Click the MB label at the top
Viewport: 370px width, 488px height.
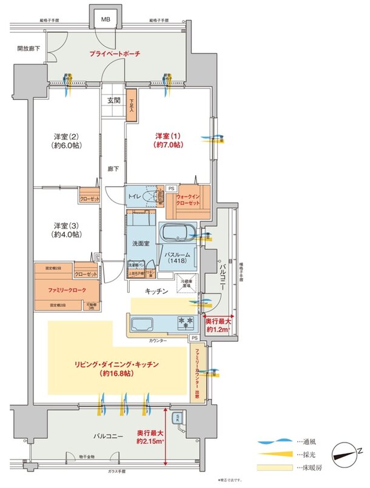click(x=105, y=19)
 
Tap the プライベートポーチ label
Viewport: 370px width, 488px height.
click(x=114, y=54)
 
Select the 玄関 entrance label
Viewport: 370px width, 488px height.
click(x=113, y=100)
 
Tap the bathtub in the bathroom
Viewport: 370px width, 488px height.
click(x=177, y=233)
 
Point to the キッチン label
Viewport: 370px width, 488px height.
click(x=156, y=291)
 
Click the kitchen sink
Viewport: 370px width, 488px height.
click(x=143, y=322)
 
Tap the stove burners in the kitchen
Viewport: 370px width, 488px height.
click(x=185, y=320)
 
